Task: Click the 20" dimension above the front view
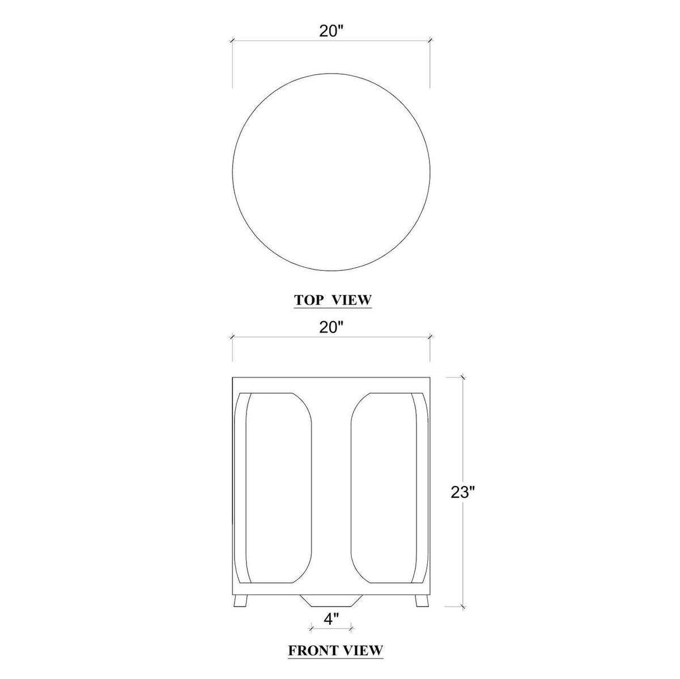(x=331, y=327)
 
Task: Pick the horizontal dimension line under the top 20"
(x=283, y=41)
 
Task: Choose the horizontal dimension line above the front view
(x=283, y=338)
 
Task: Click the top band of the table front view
(x=331, y=383)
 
